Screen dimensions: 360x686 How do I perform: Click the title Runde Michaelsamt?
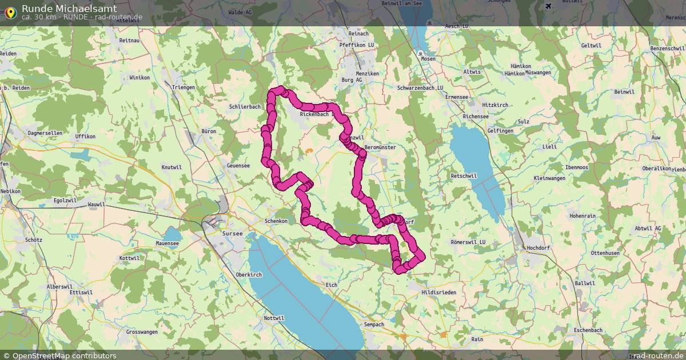click(x=69, y=8)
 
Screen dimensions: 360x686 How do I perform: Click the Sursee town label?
click(x=233, y=234)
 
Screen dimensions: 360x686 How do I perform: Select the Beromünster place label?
click(x=380, y=147)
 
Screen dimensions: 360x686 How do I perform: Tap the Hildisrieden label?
click(x=438, y=292)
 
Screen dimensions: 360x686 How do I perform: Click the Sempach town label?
click(x=374, y=325)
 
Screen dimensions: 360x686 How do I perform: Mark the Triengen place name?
click(x=183, y=87)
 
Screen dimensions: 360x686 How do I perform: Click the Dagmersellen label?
click(x=45, y=133)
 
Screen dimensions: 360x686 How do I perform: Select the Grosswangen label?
click(x=141, y=332)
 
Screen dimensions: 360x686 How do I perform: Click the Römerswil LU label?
click(x=468, y=242)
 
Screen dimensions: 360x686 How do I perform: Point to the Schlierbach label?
click(x=245, y=107)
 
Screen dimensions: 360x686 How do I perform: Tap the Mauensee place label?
click(x=167, y=244)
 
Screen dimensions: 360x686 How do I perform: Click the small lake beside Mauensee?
click(x=171, y=234)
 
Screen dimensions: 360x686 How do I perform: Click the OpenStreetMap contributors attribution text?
click(x=64, y=355)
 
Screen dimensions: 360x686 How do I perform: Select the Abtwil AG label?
click(x=648, y=228)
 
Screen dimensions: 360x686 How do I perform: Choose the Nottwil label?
click(x=274, y=318)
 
